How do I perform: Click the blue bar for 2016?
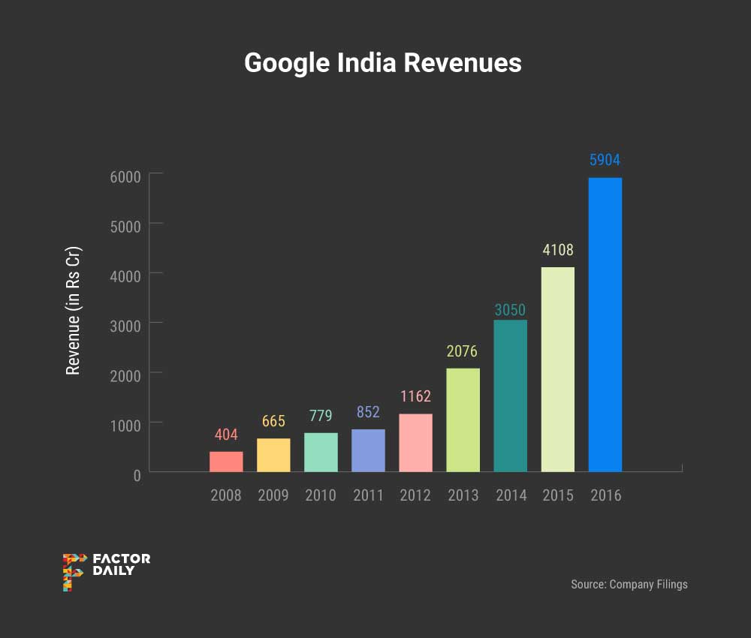[605, 325]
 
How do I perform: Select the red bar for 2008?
[226, 462]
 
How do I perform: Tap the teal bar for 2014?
[510, 396]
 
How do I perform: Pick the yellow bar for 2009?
[273, 455]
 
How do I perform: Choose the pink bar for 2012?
[415, 443]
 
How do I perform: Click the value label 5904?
[605, 160]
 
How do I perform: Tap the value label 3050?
[510, 309]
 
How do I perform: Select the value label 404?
[226, 435]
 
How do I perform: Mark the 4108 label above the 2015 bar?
[558, 250]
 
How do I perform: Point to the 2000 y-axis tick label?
[126, 375]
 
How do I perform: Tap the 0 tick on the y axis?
[136, 474]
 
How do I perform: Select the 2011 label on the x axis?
[368, 495]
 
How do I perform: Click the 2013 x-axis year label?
[463, 495]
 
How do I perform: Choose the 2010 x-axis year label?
[321, 495]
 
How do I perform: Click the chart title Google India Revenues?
[383, 63]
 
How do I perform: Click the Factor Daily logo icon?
[74, 572]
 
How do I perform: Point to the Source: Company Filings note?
[629, 584]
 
